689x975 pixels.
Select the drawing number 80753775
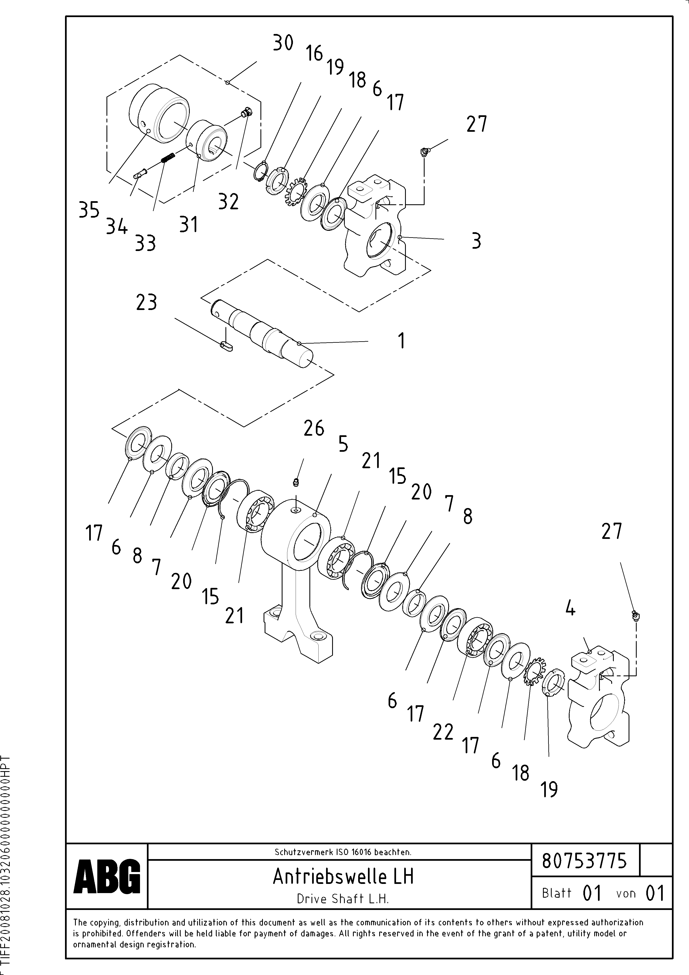click(x=584, y=861)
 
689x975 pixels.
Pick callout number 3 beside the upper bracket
click(x=476, y=241)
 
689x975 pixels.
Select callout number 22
click(x=443, y=732)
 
